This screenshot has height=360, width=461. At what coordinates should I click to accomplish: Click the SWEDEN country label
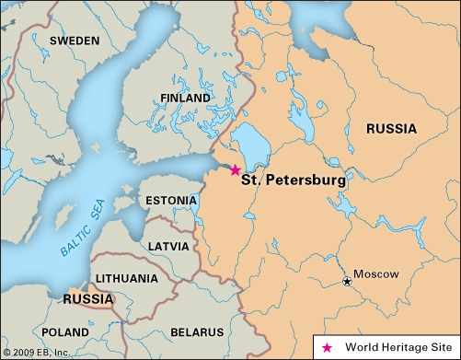(x=75, y=41)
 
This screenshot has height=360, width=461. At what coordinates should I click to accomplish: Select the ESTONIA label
(x=171, y=200)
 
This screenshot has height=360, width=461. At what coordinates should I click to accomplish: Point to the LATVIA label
(x=168, y=246)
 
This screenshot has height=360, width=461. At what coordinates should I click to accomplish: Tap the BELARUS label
(x=196, y=331)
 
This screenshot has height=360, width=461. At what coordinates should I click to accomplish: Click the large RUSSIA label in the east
(x=398, y=129)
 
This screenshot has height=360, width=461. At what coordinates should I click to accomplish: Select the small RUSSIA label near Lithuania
(x=88, y=299)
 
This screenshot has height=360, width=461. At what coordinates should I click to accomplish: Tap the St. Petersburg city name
(x=294, y=181)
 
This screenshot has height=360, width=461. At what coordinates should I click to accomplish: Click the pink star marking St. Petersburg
(x=235, y=170)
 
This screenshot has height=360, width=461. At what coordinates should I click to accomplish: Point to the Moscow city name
(x=375, y=274)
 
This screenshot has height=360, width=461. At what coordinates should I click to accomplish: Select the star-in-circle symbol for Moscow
(x=346, y=281)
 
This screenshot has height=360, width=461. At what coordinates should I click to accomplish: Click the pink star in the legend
(x=326, y=347)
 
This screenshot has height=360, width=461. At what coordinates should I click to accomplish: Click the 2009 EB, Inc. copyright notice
(x=36, y=352)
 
